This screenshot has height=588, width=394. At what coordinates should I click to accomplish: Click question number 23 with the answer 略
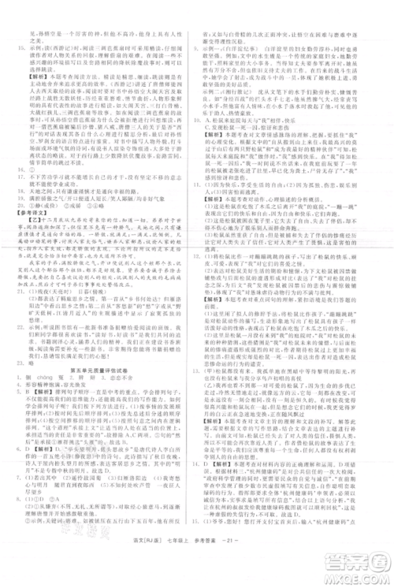pos(21,363)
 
